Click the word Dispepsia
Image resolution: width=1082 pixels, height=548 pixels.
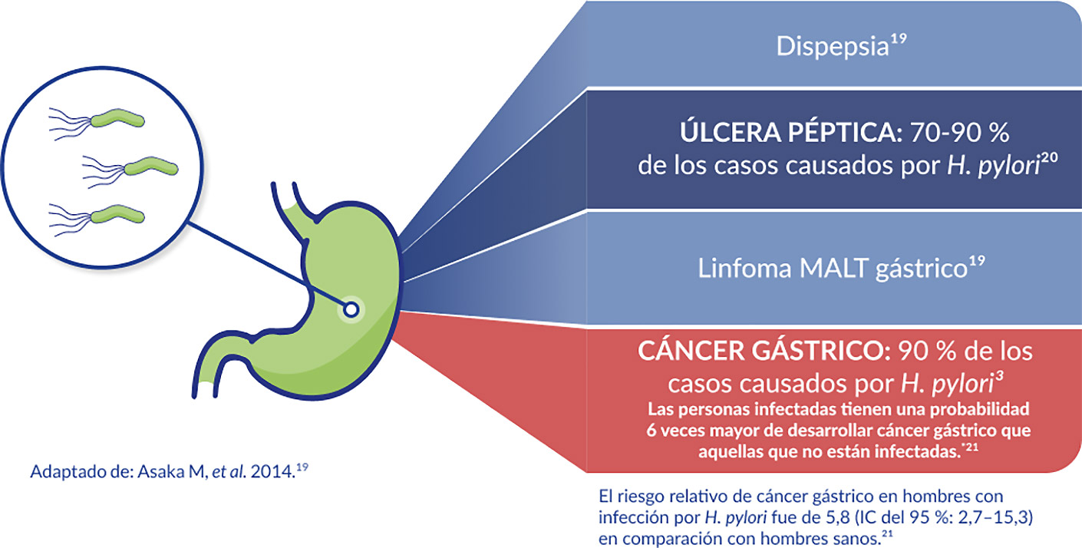coord(826,47)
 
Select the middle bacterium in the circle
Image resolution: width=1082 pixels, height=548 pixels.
coord(151,167)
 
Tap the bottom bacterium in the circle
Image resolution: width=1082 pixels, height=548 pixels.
coord(117,214)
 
